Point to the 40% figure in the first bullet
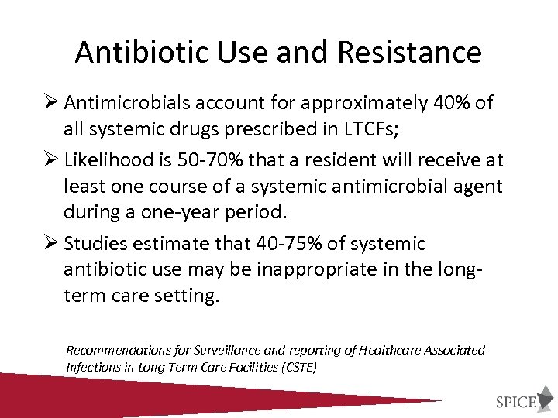(x=447, y=103)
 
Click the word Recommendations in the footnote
(x=116, y=350)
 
